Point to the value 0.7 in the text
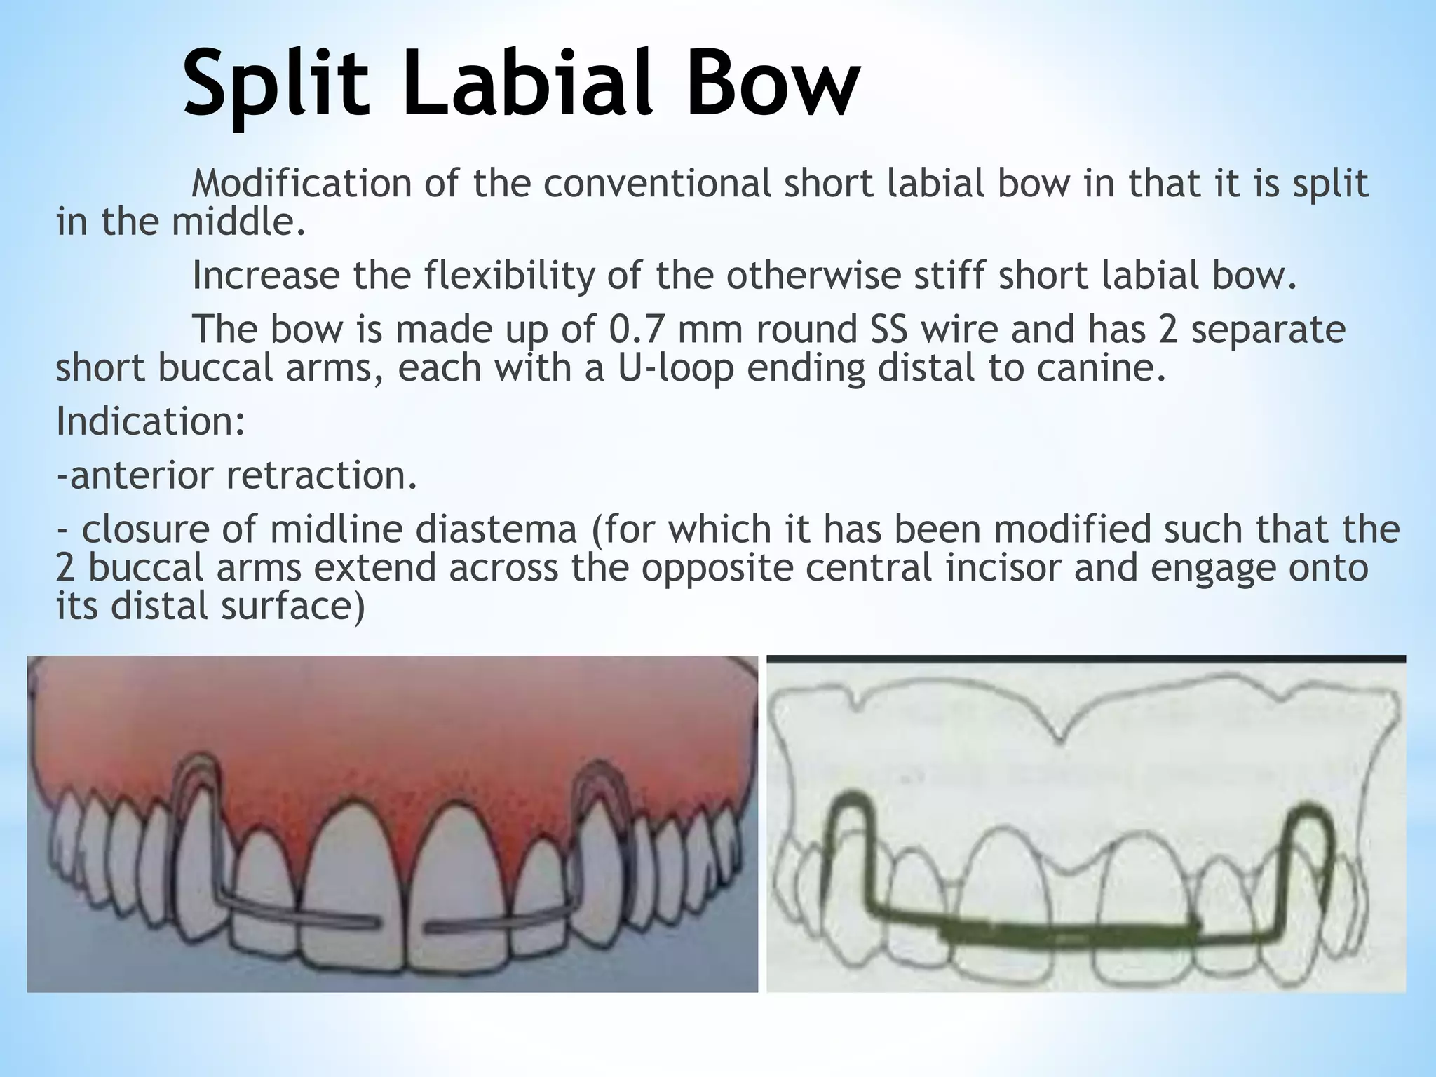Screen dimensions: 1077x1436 point(634,330)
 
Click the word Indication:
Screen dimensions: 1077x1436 point(151,421)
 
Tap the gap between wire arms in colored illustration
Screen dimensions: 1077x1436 point(403,926)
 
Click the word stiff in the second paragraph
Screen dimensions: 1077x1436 point(946,276)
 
